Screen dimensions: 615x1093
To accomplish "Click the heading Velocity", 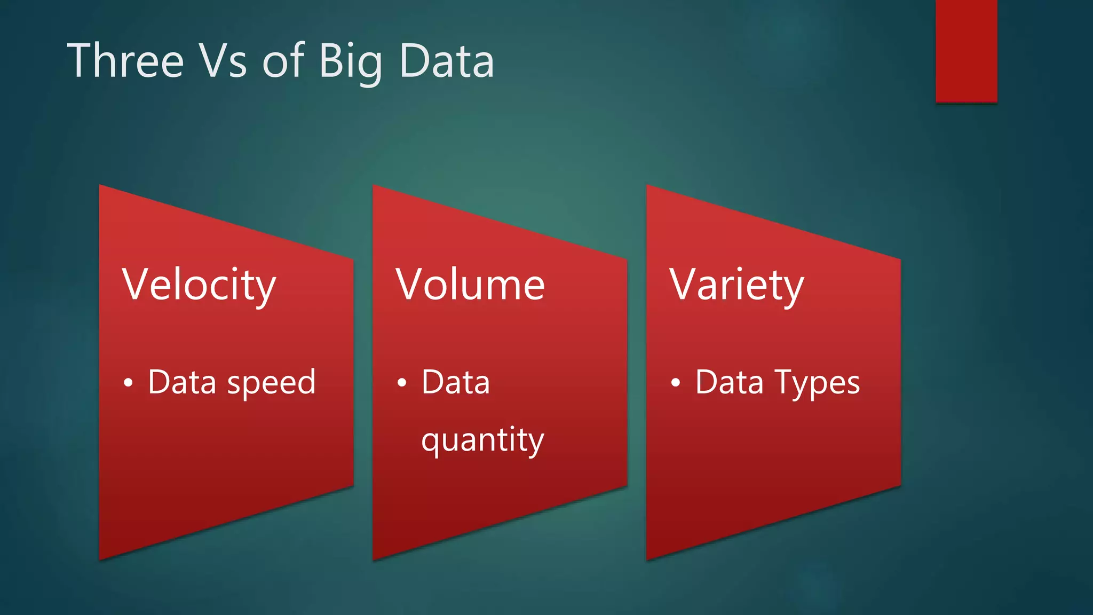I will [x=199, y=285].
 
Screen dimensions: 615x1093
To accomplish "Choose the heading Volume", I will [x=470, y=285].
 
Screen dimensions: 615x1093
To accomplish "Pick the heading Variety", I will [x=736, y=285].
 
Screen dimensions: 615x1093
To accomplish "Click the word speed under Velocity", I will [x=271, y=383].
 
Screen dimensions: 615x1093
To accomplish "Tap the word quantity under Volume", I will [x=482, y=440].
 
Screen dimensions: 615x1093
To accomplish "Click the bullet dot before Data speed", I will [x=128, y=383].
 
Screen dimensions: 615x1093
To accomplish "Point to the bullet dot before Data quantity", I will [x=402, y=383].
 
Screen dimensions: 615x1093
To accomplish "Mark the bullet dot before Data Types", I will [x=676, y=383].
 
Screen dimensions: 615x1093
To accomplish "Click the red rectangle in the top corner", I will [x=966, y=51].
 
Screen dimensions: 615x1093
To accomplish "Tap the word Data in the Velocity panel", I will [x=182, y=382].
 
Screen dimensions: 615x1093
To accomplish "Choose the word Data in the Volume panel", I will [x=456, y=382].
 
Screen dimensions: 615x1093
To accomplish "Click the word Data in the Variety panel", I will [x=730, y=382].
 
